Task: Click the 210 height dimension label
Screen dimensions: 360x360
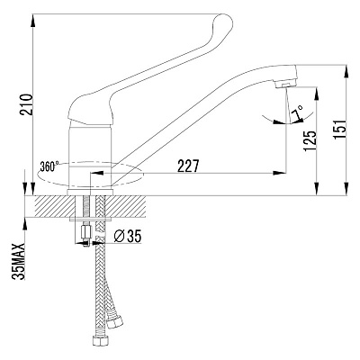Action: click(26, 104)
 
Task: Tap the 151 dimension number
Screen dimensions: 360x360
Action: click(340, 130)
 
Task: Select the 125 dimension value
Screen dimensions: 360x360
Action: click(310, 140)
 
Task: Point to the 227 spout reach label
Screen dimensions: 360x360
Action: click(188, 166)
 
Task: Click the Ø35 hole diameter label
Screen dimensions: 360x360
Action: click(128, 237)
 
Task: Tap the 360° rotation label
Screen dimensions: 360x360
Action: click(49, 166)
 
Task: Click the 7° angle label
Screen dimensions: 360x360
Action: click(297, 112)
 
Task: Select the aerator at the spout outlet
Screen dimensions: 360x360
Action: click(286, 84)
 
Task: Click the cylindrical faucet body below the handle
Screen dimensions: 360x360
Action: click(91, 155)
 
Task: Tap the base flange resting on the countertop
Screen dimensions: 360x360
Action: click(90, 193)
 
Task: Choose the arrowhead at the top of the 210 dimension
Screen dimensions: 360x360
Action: click(32, 21)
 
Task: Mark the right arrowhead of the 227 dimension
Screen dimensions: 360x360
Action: click(279, 173)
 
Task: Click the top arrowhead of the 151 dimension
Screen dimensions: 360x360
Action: click(346, 71)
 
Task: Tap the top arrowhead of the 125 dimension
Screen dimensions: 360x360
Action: click(317, 94)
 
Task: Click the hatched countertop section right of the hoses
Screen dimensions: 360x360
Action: click(125, 206)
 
